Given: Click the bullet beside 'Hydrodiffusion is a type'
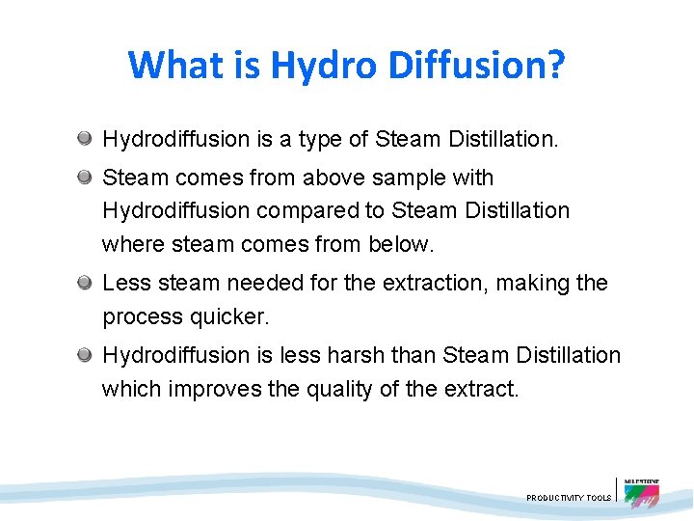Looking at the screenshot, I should click(x=86, y=140).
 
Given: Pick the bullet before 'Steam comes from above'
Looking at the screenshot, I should click(x=86, y=178).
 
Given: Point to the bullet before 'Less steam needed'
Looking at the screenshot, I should click(x=86, y=283).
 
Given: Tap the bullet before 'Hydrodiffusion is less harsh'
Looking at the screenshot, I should click(x=86, y=355).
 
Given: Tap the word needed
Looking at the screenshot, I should click(x=246, y=283).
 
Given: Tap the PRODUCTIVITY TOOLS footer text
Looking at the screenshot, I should click(x=569, y=498).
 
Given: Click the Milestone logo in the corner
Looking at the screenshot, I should click(x=642, y=491).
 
